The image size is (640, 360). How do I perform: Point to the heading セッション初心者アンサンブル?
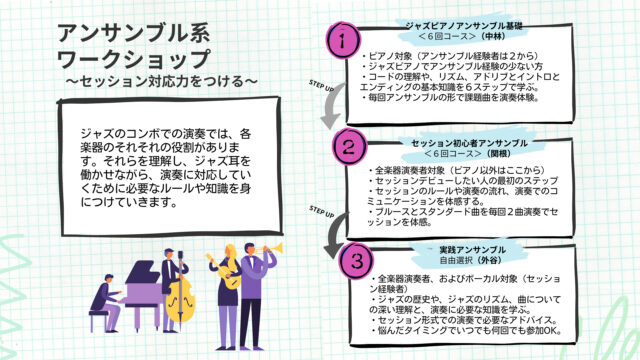(x=462, y=144)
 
